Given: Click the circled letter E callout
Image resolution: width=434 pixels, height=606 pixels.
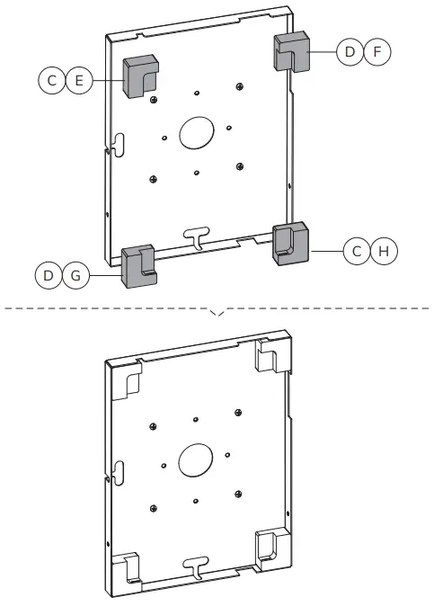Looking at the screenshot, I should coord(79,81).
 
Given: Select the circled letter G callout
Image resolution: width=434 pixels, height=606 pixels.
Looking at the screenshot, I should coord(75,275).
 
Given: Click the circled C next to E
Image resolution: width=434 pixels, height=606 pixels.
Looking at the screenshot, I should coord(52,81).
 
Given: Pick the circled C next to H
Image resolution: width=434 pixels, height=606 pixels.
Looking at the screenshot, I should coord(357,251).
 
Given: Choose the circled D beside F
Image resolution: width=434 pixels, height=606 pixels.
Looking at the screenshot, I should coord(350,52).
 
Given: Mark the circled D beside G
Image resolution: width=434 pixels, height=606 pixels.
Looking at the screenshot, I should coord(49,275).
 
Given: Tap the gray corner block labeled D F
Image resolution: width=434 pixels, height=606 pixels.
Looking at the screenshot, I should coord(290,52).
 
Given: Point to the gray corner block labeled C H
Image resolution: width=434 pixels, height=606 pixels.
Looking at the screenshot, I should coord(290,243).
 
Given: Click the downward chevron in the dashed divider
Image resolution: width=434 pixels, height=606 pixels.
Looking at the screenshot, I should coord(217,313).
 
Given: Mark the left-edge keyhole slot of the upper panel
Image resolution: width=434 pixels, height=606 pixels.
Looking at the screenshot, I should coord(115,144).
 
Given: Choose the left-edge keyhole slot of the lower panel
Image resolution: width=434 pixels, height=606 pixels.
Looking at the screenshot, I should coord(115,471).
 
